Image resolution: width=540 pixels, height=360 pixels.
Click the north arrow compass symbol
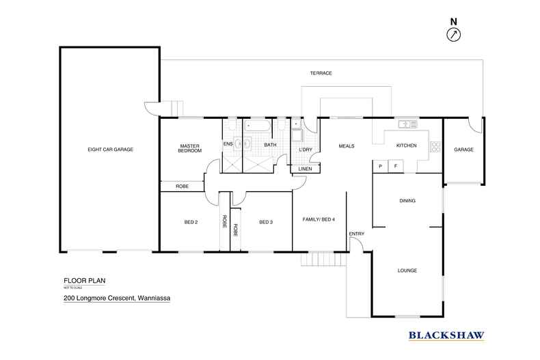tap(454, 34)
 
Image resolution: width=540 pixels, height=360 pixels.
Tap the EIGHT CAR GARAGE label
tap(109, 149)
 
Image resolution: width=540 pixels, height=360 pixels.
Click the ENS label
tap(228, 145)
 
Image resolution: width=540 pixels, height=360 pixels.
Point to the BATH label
tap(271, 145)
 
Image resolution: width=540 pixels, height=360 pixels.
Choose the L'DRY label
tap(306, 150)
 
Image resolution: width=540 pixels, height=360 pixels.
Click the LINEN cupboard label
tap(306, 169)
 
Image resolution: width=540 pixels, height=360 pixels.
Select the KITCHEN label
tap(407, 146)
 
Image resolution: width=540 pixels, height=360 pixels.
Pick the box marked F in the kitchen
tap(396, 165)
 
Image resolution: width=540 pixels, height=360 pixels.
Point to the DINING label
tap(408, 200)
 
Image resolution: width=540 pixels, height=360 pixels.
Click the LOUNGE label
tap(407, 271)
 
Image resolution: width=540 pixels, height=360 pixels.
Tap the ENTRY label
tap(356, 234)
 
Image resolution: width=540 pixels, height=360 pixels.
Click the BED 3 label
tap(266, 222)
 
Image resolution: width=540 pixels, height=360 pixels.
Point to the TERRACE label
tap(321, 73)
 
